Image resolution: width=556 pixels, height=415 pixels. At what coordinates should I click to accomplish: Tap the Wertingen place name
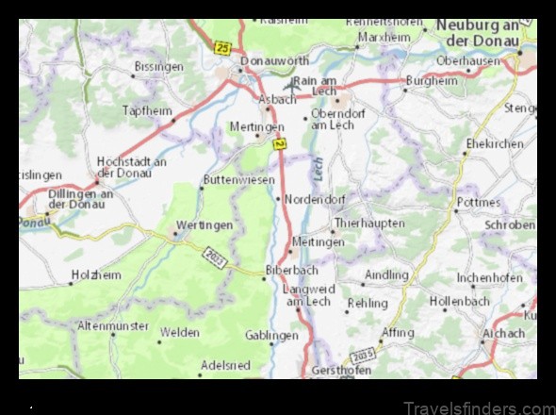click(204, 225)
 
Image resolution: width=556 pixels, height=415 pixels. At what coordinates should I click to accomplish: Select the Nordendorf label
click(315, 199)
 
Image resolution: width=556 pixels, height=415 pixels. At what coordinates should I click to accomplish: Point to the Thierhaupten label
click(371, 224)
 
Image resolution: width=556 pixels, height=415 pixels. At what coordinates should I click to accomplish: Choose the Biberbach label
click(286, 270)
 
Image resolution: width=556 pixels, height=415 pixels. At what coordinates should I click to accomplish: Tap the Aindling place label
click(386, 275)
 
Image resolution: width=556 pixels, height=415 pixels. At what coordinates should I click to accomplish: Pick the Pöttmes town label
click(479, 202)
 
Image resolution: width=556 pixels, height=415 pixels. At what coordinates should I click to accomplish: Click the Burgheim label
click(431, 81)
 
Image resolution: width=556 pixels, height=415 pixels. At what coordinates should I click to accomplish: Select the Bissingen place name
click(159, 68)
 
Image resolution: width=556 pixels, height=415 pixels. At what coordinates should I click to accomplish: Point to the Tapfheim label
click(148, 110)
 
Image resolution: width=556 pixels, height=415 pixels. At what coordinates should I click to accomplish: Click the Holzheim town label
click(98, 275)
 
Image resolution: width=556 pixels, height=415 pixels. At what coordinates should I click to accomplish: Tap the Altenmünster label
click(113, 325)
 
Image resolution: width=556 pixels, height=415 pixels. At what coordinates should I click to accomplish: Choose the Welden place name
click(179, 332)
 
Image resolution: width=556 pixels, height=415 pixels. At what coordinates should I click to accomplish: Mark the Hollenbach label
click(459, 301)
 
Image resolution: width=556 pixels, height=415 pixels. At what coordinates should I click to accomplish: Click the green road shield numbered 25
click(222, 46)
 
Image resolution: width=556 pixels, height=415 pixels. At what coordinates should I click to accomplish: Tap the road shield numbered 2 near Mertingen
click(279, 144)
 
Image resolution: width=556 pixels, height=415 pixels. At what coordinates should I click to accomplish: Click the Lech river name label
click(319, 170)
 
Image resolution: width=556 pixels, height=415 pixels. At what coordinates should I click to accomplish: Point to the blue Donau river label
click(33, 223)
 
